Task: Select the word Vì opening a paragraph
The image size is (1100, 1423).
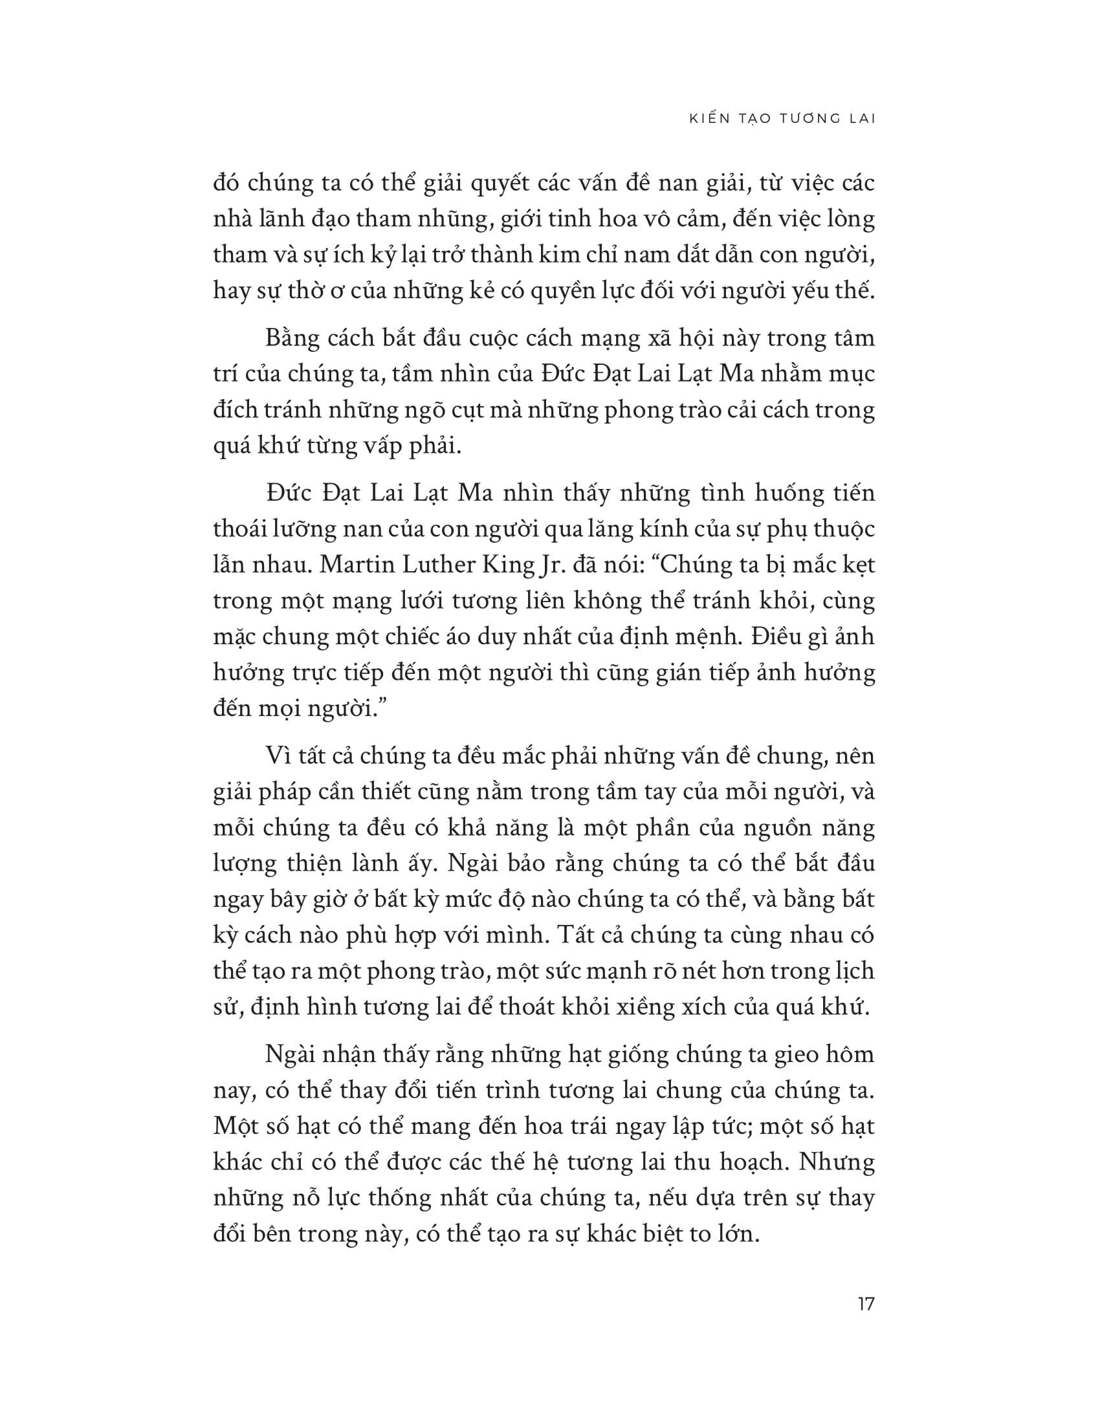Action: point(278,755)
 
